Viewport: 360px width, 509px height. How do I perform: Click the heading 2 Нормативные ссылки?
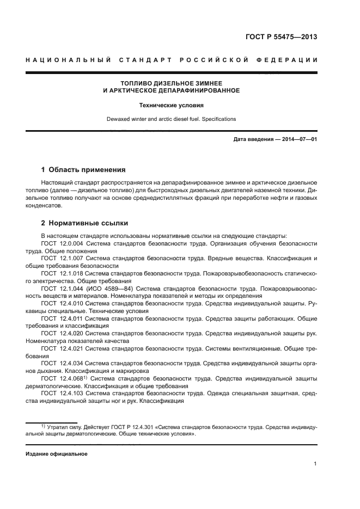tap(83, 223)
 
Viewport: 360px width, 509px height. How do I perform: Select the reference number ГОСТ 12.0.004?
tap(62, 243)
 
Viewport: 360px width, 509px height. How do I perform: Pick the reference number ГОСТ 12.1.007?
tap(62, 257)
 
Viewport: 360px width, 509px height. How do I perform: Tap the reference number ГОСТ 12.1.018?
tap(62, 272)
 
